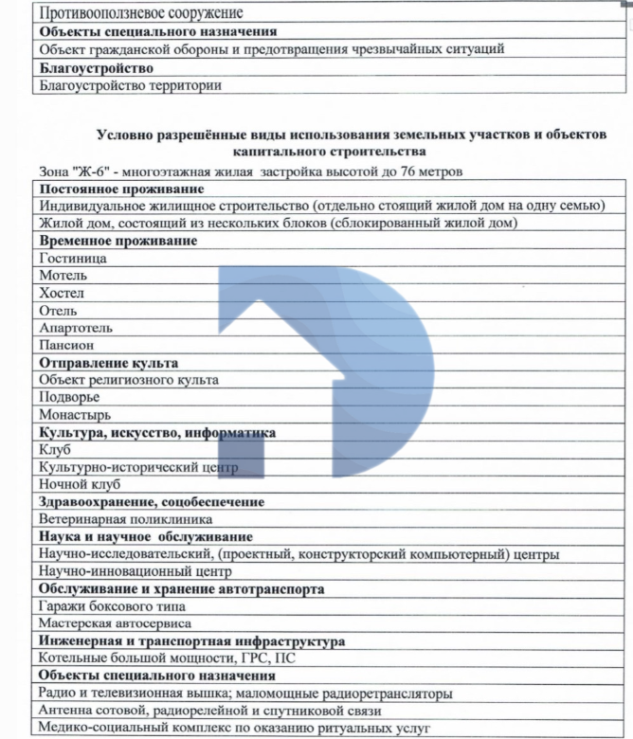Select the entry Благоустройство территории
(x=130, y=85)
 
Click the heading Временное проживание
(x=118, y=241)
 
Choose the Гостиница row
(x=73, y=258)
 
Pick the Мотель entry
(x=63, y=276)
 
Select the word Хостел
(x=63, y=293)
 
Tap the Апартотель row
(x=76, y=328)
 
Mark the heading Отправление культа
(x=108, y=363)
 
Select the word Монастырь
(x=75, y=415)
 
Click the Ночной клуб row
(x=80, y=484)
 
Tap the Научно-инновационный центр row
(x=135, y=571)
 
